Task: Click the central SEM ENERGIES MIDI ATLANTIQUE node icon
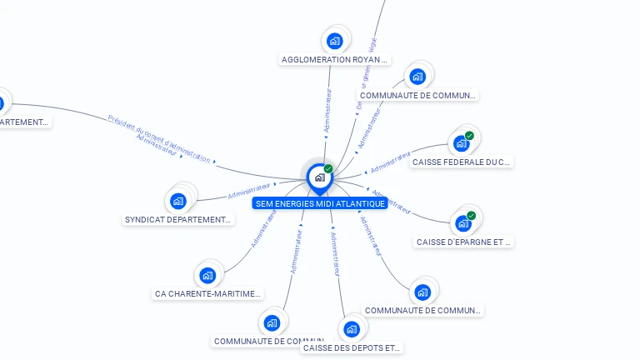(319, 177)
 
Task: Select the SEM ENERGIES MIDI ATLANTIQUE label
(320, 203)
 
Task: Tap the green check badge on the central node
(328, 169)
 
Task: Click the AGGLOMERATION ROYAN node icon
(335, 41)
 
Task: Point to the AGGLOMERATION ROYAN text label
(335, 60)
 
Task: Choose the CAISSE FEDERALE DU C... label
(462, 162)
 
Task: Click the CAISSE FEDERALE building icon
(462, 143)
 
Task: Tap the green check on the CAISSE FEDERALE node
(469, 136)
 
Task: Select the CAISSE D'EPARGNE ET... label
(463, 242)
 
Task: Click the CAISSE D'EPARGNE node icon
(463, 223)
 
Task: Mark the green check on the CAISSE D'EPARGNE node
(471, 216)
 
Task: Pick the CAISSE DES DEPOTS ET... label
(352, 347)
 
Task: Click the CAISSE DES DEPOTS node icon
(352, 329)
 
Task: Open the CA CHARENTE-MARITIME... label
(208, 294)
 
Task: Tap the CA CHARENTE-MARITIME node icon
(208, 275)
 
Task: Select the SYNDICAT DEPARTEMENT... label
(178, 220)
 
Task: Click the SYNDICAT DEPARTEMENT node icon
(178, 201)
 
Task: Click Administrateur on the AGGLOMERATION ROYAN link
(327, 112)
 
